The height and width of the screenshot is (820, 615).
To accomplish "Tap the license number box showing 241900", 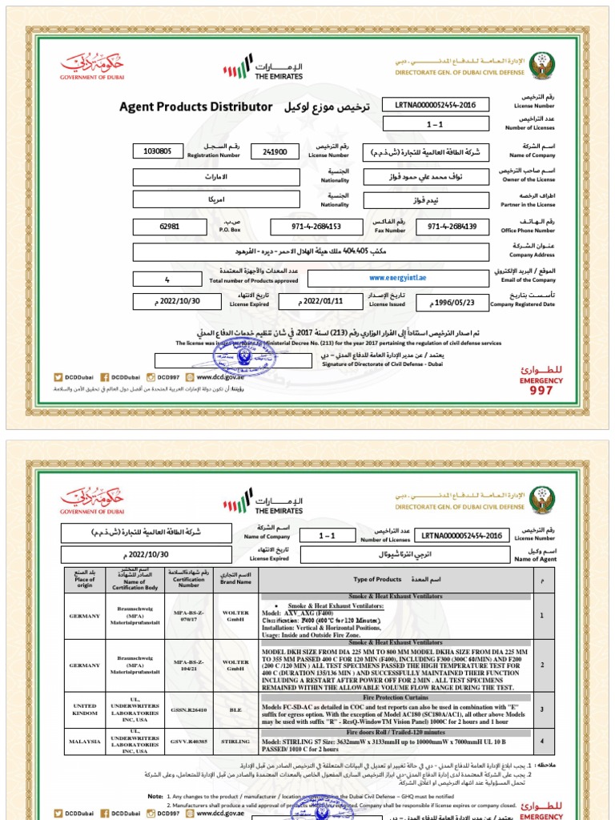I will [274, 151].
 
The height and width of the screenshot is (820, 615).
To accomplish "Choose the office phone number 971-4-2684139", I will [452, 227].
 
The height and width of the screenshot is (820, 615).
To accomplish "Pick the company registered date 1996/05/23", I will [452, 303].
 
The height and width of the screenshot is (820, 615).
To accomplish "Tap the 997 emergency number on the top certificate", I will [541, 390].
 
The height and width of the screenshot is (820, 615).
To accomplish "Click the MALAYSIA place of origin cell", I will [86, 742].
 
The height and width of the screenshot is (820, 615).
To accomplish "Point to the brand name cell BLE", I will [235, 709].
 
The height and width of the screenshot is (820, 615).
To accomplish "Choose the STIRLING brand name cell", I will [235, 742].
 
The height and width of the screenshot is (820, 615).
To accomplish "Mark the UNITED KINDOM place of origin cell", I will [86, 709].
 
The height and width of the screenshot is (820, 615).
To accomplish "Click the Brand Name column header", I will [235, 579].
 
